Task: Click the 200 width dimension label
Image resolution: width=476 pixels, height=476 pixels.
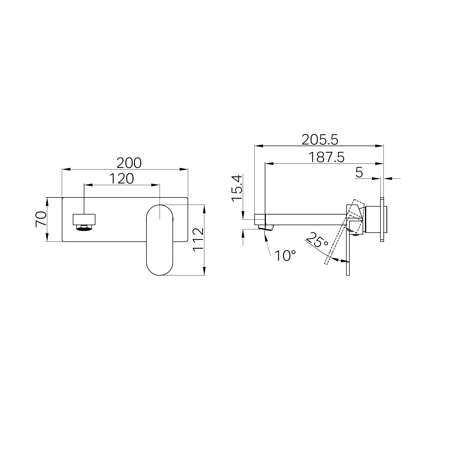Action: point(129,163)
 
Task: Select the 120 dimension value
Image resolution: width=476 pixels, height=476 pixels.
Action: point(121,179)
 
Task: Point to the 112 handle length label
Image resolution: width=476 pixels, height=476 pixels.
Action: point(198,239)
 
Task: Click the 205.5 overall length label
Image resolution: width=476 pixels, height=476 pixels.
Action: point(320,140)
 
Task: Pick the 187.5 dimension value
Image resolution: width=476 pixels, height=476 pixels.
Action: point(326,158)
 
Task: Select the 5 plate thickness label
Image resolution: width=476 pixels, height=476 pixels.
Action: point(359,172)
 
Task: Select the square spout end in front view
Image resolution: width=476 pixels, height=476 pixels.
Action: point(84,219)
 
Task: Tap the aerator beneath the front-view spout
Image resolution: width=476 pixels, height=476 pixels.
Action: point(84,228)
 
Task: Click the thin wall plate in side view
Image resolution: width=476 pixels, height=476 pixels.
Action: point(382,219)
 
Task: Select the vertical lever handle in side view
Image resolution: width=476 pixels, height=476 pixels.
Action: point(348,253)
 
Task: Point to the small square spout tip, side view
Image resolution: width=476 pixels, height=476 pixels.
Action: point(260,219)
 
